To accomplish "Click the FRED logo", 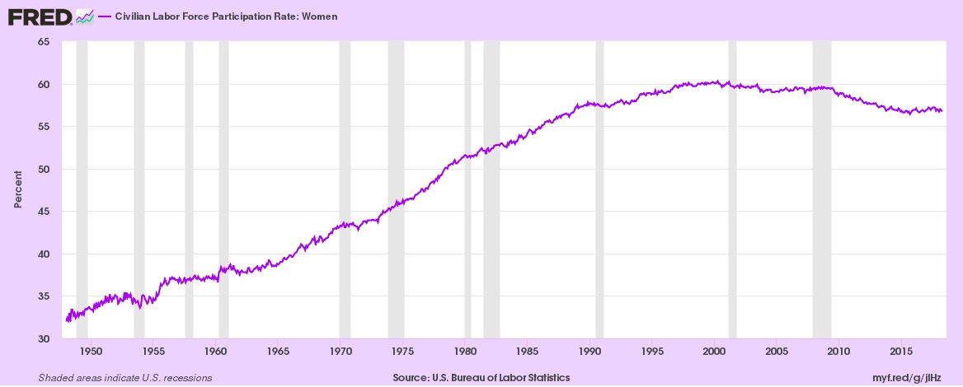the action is [51, 17].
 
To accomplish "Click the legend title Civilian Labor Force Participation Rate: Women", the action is [226, 16].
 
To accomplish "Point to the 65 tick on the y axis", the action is [49, 42].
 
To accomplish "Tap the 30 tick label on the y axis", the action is [49, 338].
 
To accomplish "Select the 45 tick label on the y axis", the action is [49, 212].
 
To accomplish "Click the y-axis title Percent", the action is [18, 189].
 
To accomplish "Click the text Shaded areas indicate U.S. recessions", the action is [125, 378].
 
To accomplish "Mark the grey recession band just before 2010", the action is [822, 189].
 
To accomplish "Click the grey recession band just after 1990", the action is [599, 189].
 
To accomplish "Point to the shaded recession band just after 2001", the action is [732, 189].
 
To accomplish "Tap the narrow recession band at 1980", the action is [468, 189].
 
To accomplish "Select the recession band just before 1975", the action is [396, 189].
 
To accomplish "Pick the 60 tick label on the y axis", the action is [49, 84].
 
